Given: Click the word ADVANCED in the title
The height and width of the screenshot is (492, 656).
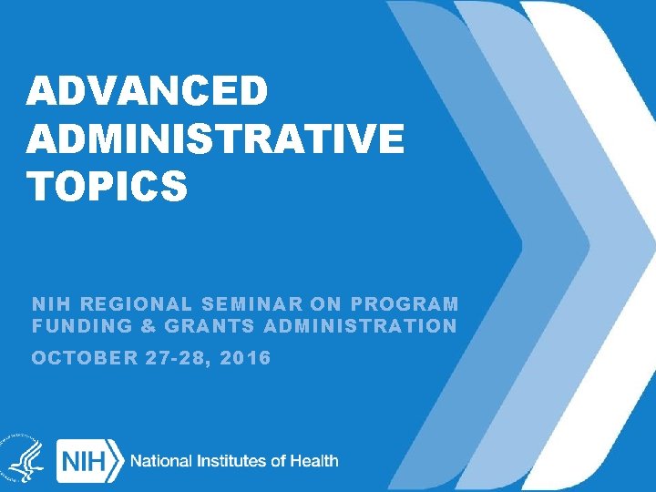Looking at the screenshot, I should [148, 92].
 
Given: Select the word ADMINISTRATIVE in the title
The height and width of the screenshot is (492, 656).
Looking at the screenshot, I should [215, 139].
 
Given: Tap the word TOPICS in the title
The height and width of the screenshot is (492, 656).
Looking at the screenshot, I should [108, 187].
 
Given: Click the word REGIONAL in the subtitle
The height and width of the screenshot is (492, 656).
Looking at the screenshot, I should [130, 304].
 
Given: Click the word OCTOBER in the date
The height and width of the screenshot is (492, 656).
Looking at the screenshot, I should [84, 358].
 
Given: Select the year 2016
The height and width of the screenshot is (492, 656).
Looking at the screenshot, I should [245, 358].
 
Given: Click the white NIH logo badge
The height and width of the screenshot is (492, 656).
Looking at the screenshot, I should [89, 461].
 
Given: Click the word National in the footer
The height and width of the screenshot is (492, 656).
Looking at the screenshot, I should [165, 461].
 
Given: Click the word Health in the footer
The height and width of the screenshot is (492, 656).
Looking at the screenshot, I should [315, 461].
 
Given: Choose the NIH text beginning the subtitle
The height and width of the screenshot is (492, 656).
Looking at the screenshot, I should [46, 304].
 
